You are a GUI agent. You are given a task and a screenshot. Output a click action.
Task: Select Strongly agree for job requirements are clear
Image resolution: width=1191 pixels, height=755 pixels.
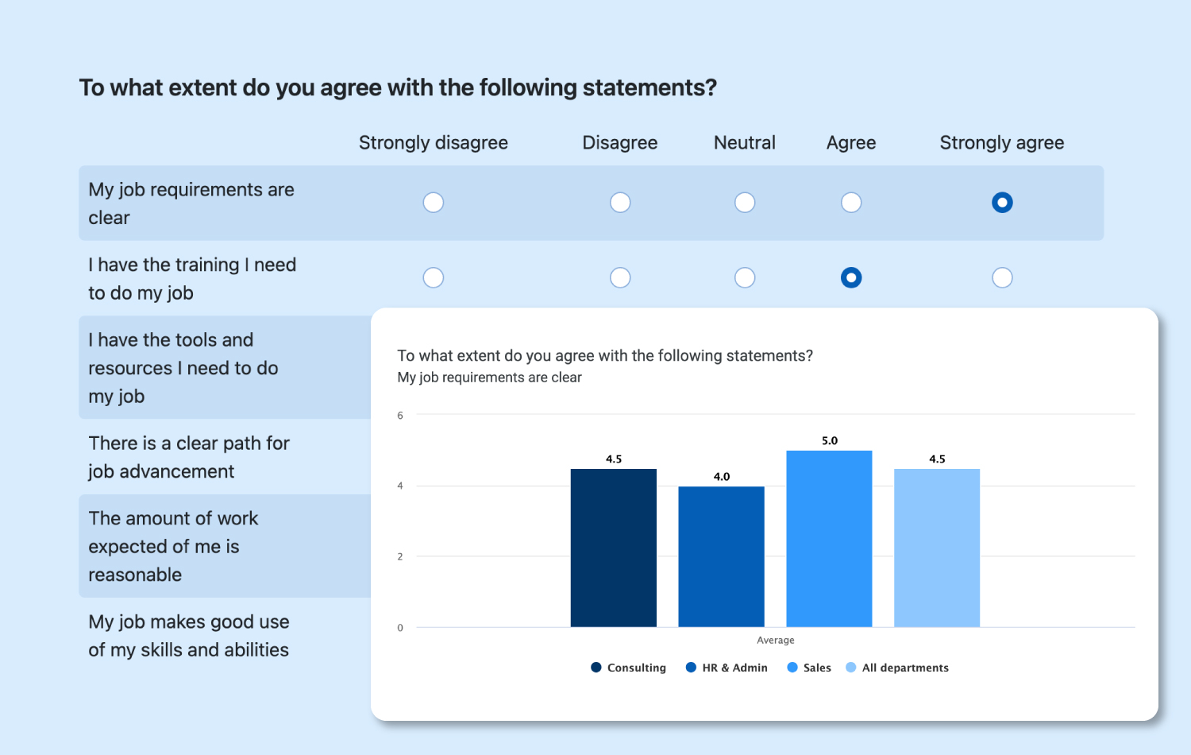1002,203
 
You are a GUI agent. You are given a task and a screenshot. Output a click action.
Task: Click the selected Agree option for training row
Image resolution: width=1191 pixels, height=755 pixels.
851,277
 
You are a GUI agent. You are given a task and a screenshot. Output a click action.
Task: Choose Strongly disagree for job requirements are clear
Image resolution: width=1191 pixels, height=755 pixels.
434,203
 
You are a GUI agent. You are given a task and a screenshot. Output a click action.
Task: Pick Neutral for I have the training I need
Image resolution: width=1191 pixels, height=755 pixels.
745,277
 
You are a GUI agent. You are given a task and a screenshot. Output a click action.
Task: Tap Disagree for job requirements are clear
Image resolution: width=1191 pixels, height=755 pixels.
620,203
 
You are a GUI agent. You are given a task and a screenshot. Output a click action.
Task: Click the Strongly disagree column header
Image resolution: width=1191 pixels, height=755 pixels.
434,143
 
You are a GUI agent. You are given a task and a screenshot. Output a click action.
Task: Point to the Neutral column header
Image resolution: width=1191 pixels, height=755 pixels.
745,143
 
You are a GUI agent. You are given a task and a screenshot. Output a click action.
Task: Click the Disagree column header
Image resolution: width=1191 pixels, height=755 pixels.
620,143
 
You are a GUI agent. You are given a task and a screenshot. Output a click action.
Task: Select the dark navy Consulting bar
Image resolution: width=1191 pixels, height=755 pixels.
614,548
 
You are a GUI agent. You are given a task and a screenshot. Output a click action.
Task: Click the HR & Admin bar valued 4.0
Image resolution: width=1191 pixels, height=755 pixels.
721,556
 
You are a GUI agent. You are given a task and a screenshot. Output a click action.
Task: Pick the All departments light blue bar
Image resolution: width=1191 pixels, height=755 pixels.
937,548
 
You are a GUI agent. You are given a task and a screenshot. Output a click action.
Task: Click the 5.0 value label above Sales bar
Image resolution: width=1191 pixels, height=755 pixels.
830,440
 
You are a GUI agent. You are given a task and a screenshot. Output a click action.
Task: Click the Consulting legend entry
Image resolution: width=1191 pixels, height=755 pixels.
629,668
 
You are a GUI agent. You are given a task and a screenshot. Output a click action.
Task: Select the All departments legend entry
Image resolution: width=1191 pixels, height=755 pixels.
898,668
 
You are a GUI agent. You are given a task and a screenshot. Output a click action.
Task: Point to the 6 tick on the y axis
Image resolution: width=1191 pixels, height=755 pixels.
400,416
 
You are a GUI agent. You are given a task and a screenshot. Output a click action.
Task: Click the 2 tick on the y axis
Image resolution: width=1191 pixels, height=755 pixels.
400,556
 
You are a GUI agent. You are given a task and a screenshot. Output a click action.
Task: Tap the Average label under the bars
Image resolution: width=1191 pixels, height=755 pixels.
776,641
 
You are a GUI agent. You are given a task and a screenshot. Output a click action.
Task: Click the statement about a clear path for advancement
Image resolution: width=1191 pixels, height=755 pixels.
189,457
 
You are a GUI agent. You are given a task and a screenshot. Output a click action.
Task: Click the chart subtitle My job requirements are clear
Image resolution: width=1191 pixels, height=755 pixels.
490,377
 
